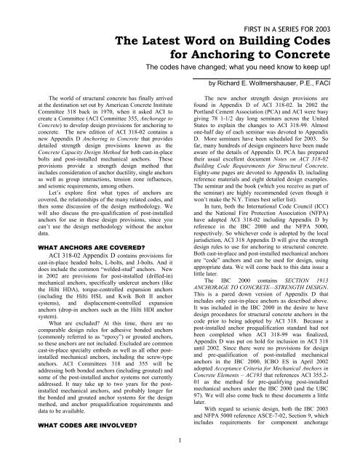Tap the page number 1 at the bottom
180,457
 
